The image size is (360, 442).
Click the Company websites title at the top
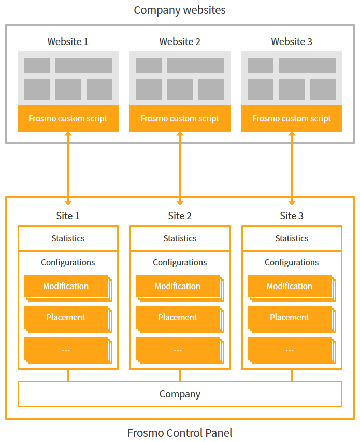[180, 10]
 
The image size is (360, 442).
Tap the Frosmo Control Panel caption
[180, 433]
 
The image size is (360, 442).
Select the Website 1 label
[68, 41]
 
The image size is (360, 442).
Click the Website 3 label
[292, 41]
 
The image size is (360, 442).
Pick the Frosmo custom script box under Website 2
[180, 118]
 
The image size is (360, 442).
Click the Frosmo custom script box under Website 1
[68, 118]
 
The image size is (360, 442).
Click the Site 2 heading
[180, 216]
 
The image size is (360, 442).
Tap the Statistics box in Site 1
[68, 238]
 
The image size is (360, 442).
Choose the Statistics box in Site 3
[292, 238]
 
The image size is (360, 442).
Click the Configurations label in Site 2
[180, 262]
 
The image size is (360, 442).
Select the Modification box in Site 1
[66, 286]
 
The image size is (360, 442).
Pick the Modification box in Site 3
[290, 286]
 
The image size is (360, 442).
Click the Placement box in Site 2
[178, 317]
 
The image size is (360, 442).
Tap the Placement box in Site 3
[290, 317]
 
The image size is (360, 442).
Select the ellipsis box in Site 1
[66, 349]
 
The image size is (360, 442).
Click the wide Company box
[180, 394]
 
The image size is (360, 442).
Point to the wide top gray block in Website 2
[195, 65]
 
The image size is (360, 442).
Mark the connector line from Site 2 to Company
[180, 376]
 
